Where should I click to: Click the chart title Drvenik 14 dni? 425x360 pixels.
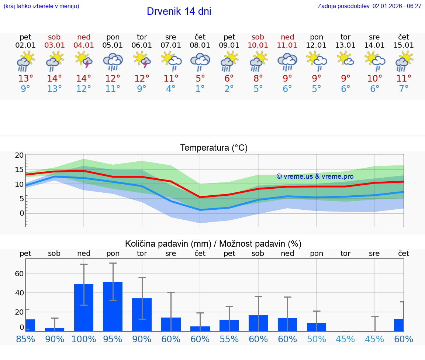pyautogui.click(x=179, y=11)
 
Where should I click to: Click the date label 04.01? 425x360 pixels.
pyautogui.click(x=84, y=45)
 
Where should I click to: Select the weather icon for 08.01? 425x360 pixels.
pyautogui.click(x=200, y=61)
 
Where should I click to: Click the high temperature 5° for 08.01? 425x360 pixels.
pyautogui.click(x=200, y=79)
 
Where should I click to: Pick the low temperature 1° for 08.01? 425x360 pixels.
pyautogui.click(x=200, y=89)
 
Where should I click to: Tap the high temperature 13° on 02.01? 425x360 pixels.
pyautogui.click(x=25, y=79)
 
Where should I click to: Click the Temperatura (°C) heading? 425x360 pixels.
pyautogui.click(x=214, y=148)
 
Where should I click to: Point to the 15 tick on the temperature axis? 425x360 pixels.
pyautogui.click(x=19, y=169)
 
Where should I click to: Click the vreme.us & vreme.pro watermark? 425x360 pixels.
pyautogui.click(x=315, y=176)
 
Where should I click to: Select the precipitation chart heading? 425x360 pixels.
pyautogui.click(x=213, y=244)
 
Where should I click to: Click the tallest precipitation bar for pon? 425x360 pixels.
pyautogui.click(x=113, y=306)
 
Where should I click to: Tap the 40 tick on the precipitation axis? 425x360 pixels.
pyautogui.click(x=19, y=292)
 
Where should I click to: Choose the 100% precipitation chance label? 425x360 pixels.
pyautogui.click(x=84, y=339)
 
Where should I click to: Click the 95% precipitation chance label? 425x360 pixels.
pyautogui.click(x=113, y=339)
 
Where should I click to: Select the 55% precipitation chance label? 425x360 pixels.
pyautogui.click(x=229, y=339)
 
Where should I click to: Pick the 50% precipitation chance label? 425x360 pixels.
pyautogui.click(x=317, y=339)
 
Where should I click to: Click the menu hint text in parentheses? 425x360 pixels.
pyautogui.click(x=41, y=6)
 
